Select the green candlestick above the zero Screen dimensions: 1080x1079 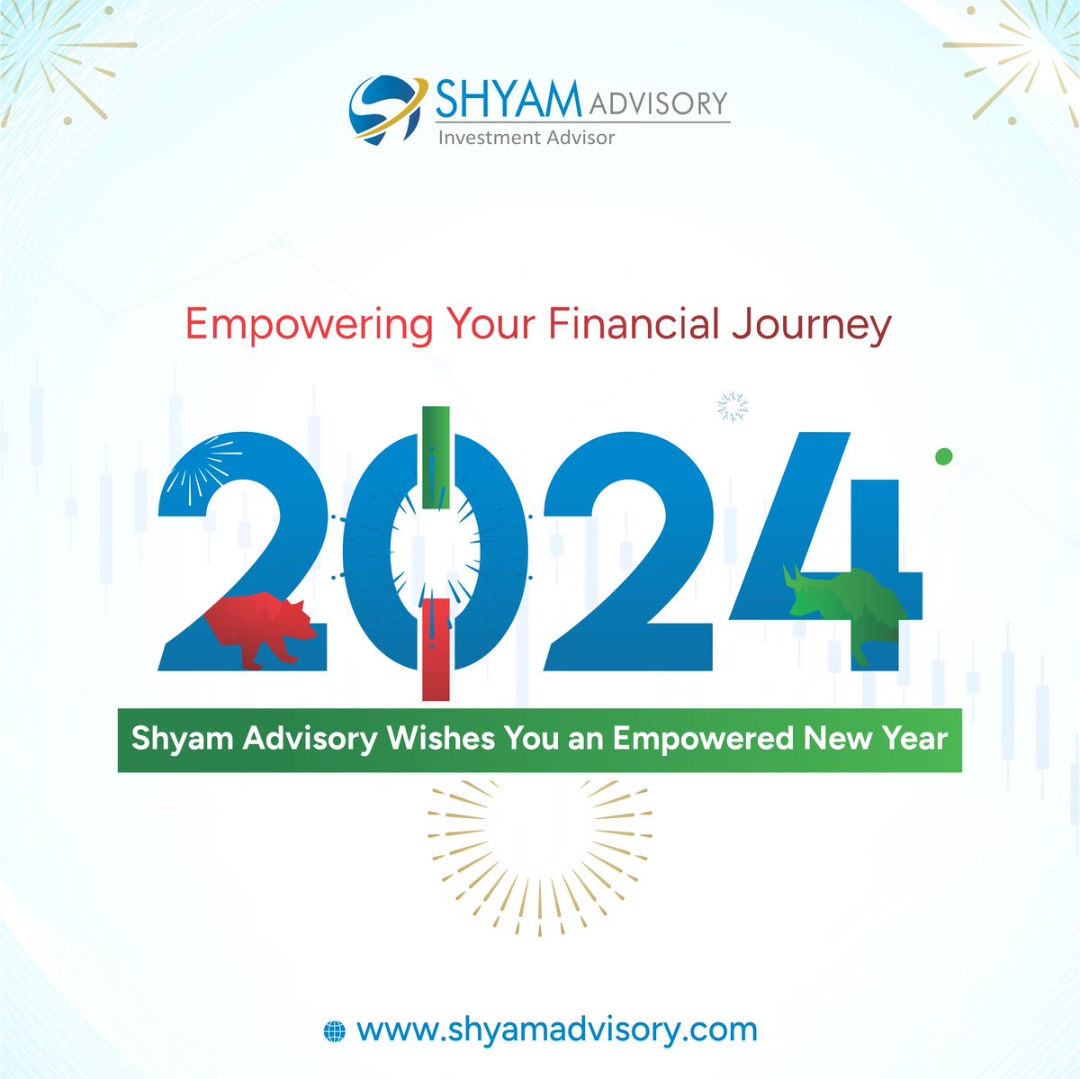436,457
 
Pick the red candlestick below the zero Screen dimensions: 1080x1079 436,649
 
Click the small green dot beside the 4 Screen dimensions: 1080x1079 944,456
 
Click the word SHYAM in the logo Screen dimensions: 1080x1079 508,99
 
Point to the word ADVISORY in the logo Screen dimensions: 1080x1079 658,104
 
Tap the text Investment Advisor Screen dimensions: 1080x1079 526,138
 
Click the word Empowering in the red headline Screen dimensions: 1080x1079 310,325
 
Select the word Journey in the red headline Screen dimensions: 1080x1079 811,325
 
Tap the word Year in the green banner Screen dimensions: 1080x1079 916,738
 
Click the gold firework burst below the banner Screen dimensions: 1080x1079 540,859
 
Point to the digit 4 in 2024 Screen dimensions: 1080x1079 825,552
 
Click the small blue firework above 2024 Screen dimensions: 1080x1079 733,407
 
